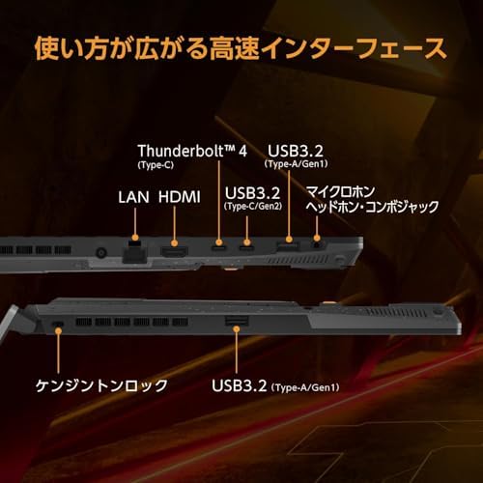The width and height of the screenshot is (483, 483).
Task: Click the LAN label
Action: pos(133,197)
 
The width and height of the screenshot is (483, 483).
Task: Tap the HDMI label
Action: pos(180,197)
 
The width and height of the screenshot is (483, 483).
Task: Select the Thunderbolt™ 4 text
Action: pos(192,151)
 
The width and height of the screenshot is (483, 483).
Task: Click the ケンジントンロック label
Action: pos(101,385)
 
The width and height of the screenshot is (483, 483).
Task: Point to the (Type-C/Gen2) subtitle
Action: pos(253,206)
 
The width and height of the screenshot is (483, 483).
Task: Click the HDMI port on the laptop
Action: pos(174,252)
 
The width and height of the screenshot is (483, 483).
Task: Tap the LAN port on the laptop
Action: pos(135,254)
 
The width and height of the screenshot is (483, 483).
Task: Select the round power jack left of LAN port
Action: pos(101,252)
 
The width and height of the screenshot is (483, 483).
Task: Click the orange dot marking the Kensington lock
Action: pos(58,330)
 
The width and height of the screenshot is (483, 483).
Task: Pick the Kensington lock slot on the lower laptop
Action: pos(58,323)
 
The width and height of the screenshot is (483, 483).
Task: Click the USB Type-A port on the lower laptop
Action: pos(237,321)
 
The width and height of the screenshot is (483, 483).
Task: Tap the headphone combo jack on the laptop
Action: pos(318,244)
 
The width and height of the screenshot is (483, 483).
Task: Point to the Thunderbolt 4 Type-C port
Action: pos(219,248)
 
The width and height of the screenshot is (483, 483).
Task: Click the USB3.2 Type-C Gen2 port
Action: pos(246,248)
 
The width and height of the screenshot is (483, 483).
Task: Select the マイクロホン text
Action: pos(340,192)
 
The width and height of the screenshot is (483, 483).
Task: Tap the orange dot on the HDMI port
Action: pos(174,243)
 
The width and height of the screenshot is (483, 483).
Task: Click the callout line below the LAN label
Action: pos(135,221)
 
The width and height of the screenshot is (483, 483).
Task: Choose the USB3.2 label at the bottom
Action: pos(240,385)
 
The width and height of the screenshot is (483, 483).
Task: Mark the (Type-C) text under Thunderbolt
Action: pos(156,165)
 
